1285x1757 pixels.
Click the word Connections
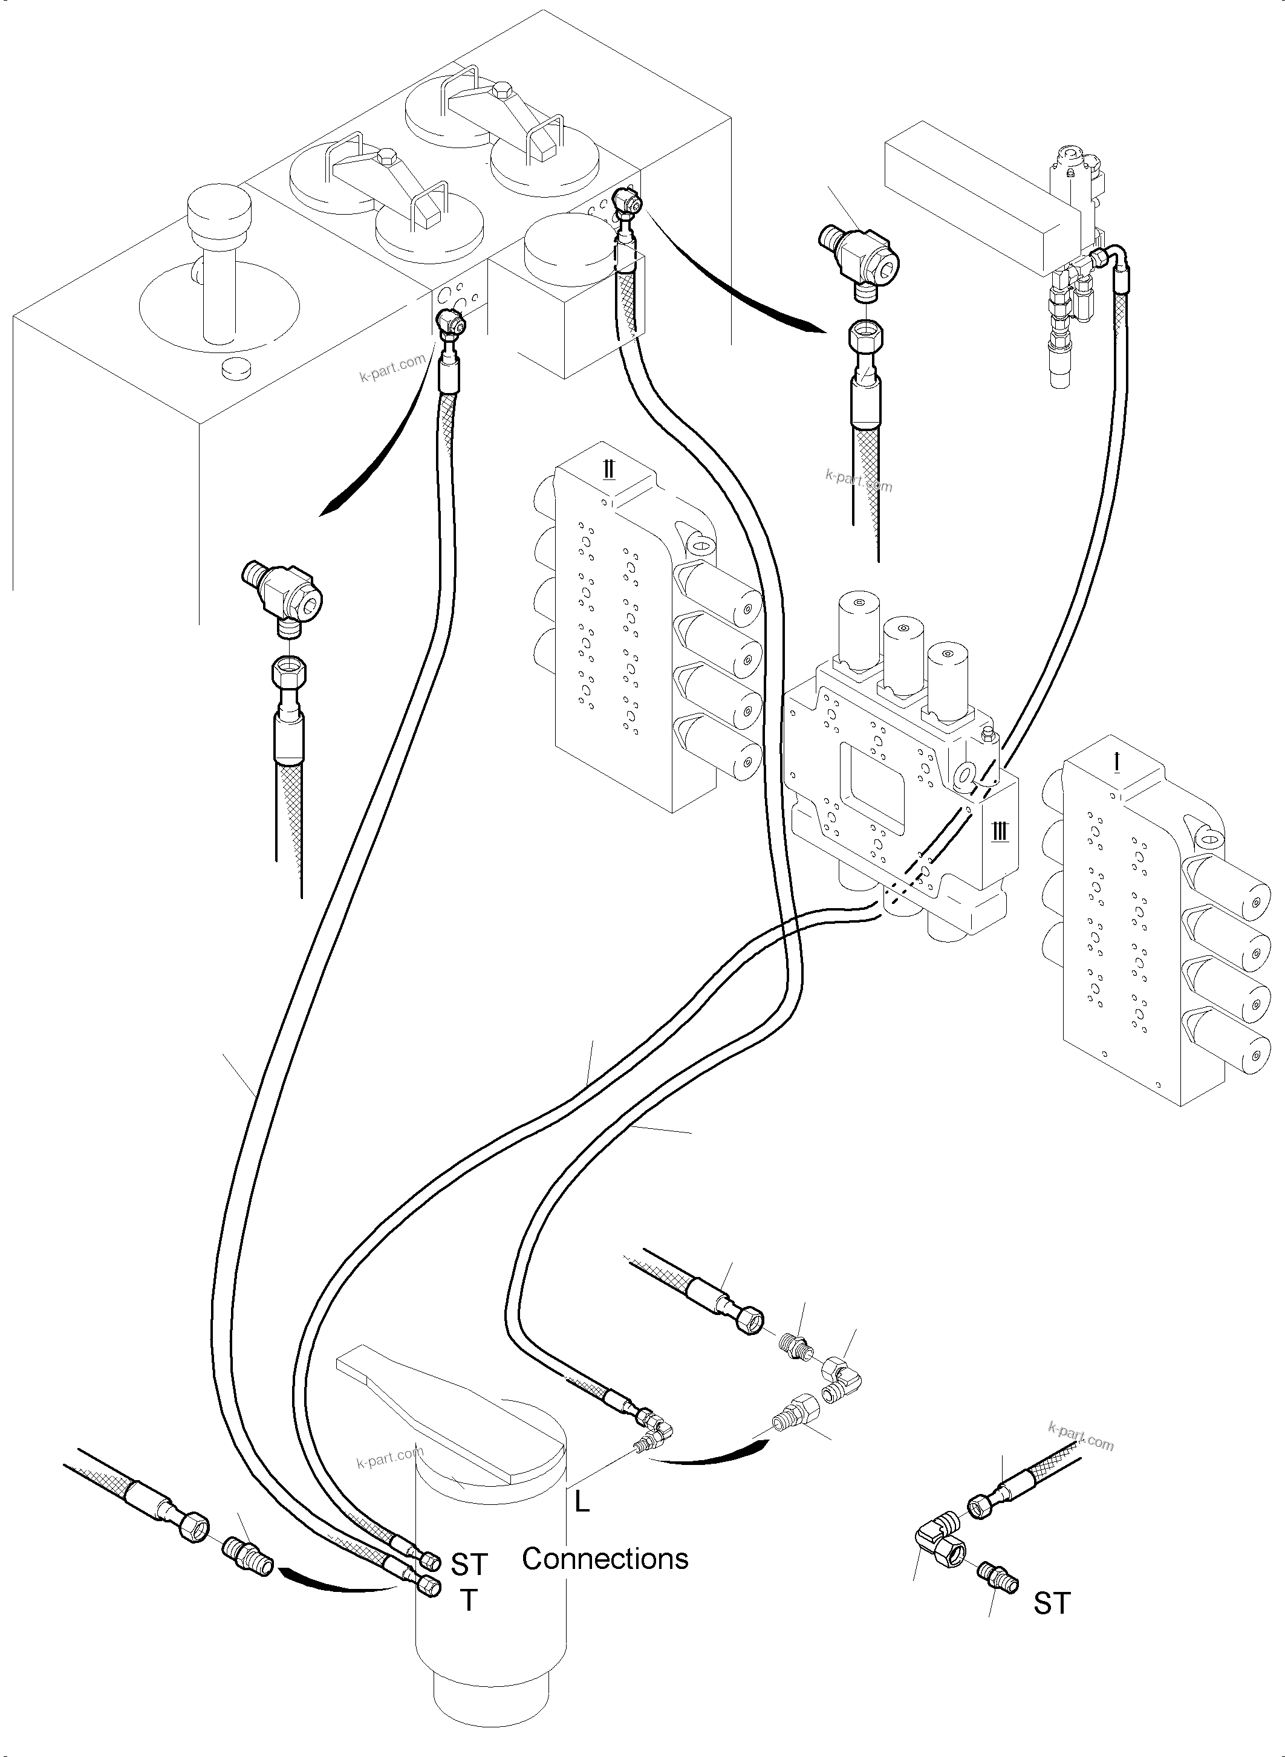pyautogui.click(x=605, y=1559)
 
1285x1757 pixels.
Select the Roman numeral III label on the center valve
pyautogui.click(x=1000, y=831)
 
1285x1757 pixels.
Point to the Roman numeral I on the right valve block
pyautogui.click(x=1117, y=763)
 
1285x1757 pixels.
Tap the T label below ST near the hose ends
pyautogui.click(x=468, y=1600)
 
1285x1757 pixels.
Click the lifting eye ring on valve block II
pyautogui.click(x=698, y=543)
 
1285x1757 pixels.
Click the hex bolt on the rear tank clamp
pyautogui.click(x=501, y=89)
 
